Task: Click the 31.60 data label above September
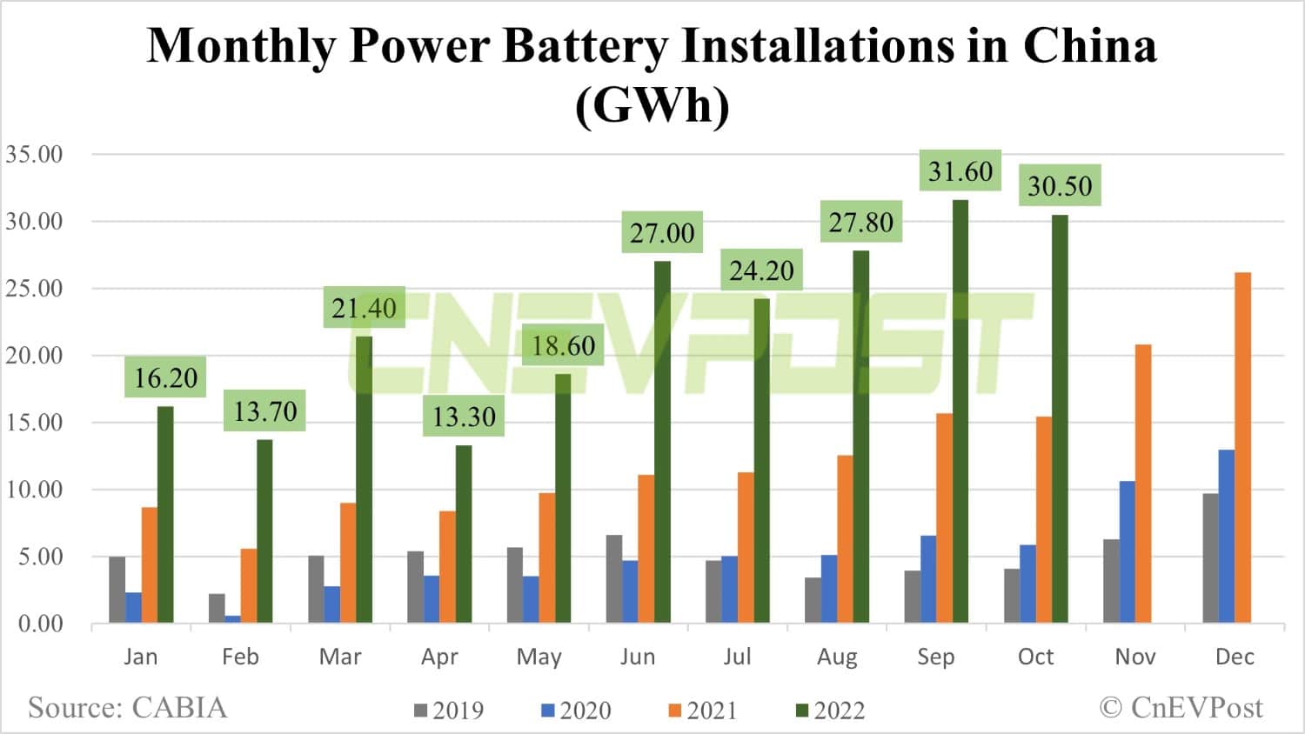(960, 171)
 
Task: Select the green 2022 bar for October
(1060, 418)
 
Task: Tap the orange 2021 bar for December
(1242, 448)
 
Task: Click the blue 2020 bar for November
(1127, 551)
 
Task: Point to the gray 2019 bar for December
(1210, 557)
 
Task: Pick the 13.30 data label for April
(464, 417)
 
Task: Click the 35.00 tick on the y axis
(35, 155)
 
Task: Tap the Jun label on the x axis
(638, 657)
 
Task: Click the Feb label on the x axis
(240, 657)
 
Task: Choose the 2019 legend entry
(449, 711)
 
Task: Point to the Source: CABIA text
(127, 707)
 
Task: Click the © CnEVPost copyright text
(1181, 707)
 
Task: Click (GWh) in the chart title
(652, 106)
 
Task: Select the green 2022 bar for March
(364, 479)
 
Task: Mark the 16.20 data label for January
(165, 377)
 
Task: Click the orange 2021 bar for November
(1143, 484)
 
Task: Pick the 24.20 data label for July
(761, 270)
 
